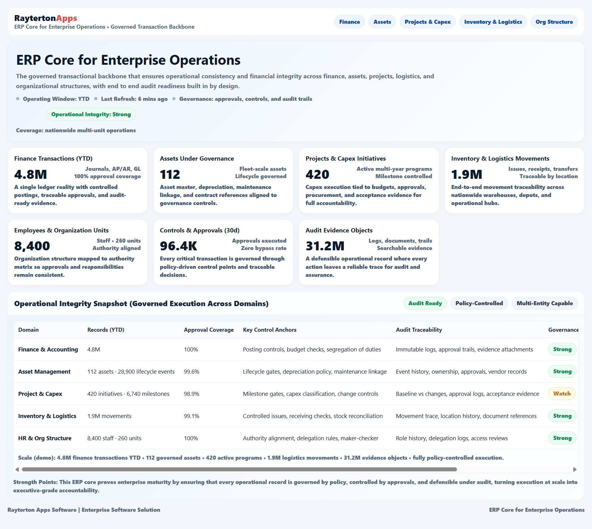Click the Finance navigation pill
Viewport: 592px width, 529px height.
coord(349,22)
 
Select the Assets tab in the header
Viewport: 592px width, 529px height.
coord(382,22)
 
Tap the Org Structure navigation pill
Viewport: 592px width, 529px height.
coord(554,22)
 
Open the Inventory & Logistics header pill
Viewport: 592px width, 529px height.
coord(493,22)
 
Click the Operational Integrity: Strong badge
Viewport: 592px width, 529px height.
coord(91,114)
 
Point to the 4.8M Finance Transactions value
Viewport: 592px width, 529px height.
coord(31,174)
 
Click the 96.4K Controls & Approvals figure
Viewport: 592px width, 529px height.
coord(178,246)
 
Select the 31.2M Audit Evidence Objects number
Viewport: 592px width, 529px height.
coord(325,246)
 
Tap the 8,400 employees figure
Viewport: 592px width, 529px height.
coord(32,246)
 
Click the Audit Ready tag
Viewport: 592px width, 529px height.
coord(425,303)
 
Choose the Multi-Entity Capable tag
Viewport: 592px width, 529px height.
coord(545,303)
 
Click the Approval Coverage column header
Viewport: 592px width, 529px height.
coord(209,330)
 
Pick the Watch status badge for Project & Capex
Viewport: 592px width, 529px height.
coord(562,394)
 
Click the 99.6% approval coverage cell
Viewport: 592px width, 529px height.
coord(191,372)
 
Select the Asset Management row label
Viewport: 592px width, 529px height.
coord(44,372)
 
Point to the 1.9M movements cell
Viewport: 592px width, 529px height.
coord(109,416)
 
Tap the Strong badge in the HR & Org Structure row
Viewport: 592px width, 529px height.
coord(562,438)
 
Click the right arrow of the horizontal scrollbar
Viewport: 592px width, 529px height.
coord(575,470)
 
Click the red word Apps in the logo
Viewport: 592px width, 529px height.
coord(67,18)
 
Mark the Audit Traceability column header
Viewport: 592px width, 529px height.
coord(419,330)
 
